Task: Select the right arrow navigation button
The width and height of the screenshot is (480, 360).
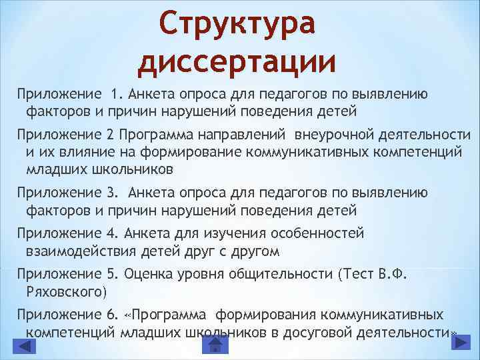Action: (x=459, y=343)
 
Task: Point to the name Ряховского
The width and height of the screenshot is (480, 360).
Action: (x=65, y=291)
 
